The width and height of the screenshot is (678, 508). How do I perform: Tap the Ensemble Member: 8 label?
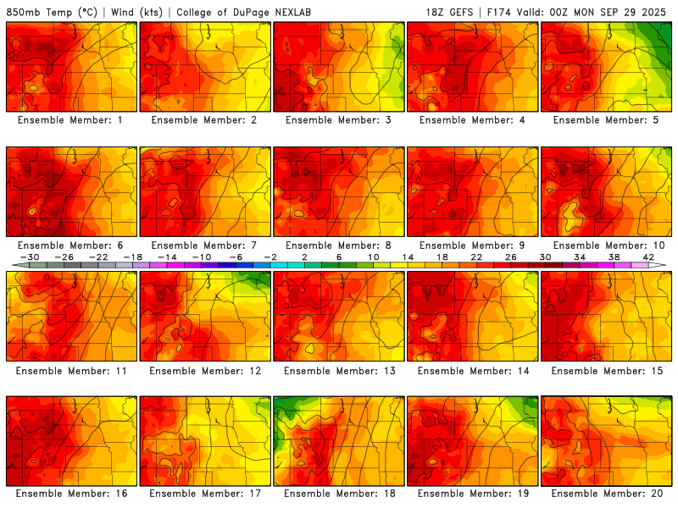click(338, 246)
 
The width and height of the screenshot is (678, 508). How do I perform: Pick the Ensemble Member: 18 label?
click(338, 493)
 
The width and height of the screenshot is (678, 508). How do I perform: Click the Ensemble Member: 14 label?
click(472, 371)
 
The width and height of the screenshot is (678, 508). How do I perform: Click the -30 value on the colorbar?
click(31, 257)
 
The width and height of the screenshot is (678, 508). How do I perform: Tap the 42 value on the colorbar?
click(647, 257)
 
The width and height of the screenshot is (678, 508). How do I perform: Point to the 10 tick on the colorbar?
click(373, 257)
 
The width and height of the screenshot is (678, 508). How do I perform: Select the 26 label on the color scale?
click(510, 257)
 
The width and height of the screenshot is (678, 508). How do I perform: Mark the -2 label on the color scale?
click(270, 257)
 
